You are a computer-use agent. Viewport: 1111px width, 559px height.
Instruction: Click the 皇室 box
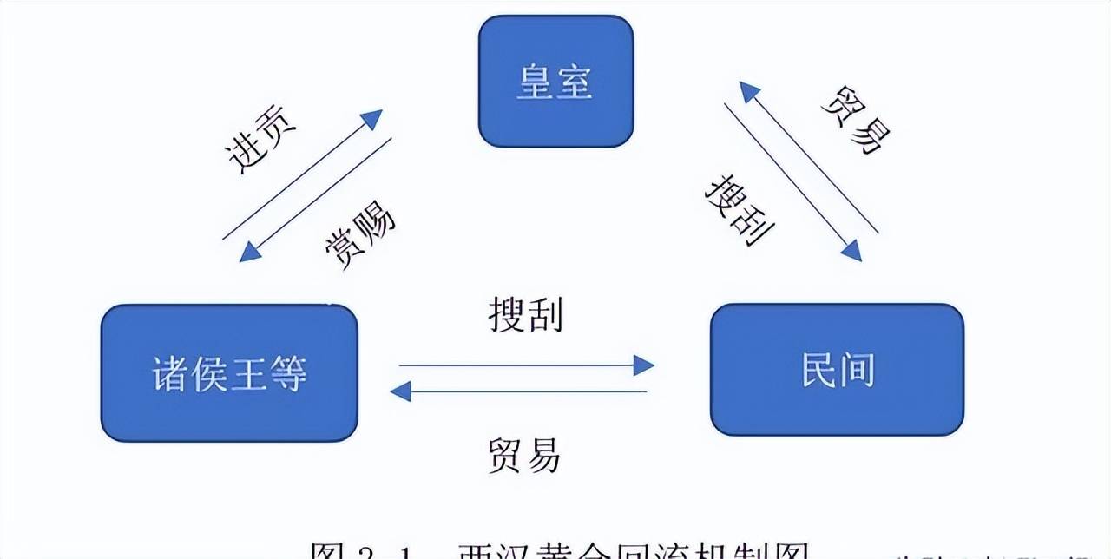tap(555, 81)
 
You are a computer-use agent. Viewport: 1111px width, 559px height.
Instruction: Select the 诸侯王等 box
tap(229, 373)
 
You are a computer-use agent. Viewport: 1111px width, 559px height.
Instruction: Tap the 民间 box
tap(837, 369)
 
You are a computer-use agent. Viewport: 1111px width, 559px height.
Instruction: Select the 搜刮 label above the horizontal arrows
tap(525, 316)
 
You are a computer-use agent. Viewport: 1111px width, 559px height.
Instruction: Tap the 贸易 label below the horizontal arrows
tap(525, 454)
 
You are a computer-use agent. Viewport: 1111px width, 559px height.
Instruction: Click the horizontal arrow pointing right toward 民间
tap(521, 365)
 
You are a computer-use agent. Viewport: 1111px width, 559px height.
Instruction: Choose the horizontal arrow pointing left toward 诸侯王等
tap(521, 391)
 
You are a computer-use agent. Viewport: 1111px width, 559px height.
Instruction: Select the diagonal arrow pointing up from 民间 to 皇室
tap(807, 156)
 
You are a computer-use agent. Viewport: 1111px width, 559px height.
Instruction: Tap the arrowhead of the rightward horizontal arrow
tap(644, 365)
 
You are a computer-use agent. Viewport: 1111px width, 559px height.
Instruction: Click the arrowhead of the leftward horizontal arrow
tap(400, 391)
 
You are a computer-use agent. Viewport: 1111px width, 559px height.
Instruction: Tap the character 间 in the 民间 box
tap(855, 370)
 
